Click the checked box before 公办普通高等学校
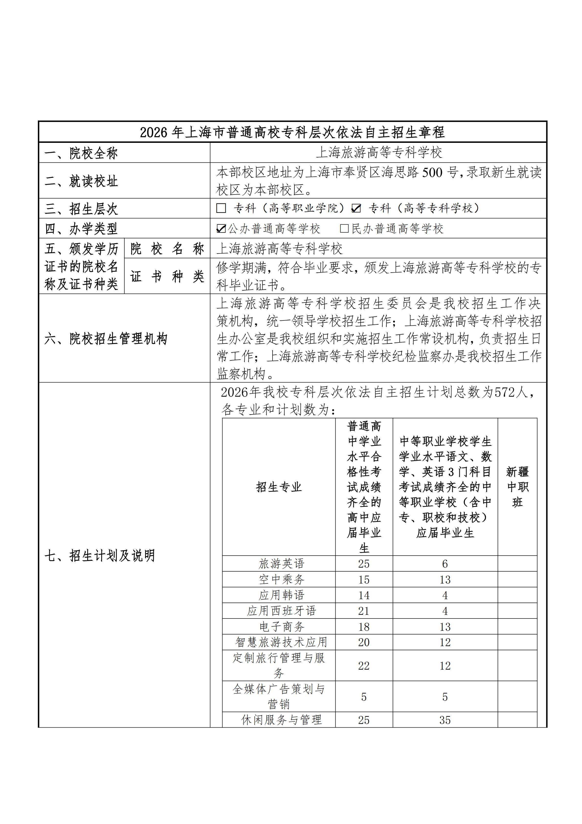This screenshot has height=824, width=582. pos(221,229)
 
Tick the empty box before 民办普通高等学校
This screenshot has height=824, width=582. pos(344,229)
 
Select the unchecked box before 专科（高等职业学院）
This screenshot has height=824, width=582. pos(221,208)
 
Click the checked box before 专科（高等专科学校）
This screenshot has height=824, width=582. pos(356,208)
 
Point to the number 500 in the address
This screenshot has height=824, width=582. pos(432,173)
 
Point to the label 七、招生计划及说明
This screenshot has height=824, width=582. pos(100,556)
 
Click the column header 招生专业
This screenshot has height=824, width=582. pos(279,487)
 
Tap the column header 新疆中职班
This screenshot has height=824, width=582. pos(517,487)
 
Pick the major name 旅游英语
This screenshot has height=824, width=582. pos(282,564)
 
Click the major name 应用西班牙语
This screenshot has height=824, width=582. pos(282,611)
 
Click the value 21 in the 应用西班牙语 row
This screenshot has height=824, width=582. pos(364,611)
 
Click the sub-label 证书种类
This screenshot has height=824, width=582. pos(167,276)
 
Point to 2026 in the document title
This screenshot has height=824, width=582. pos(154,132)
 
